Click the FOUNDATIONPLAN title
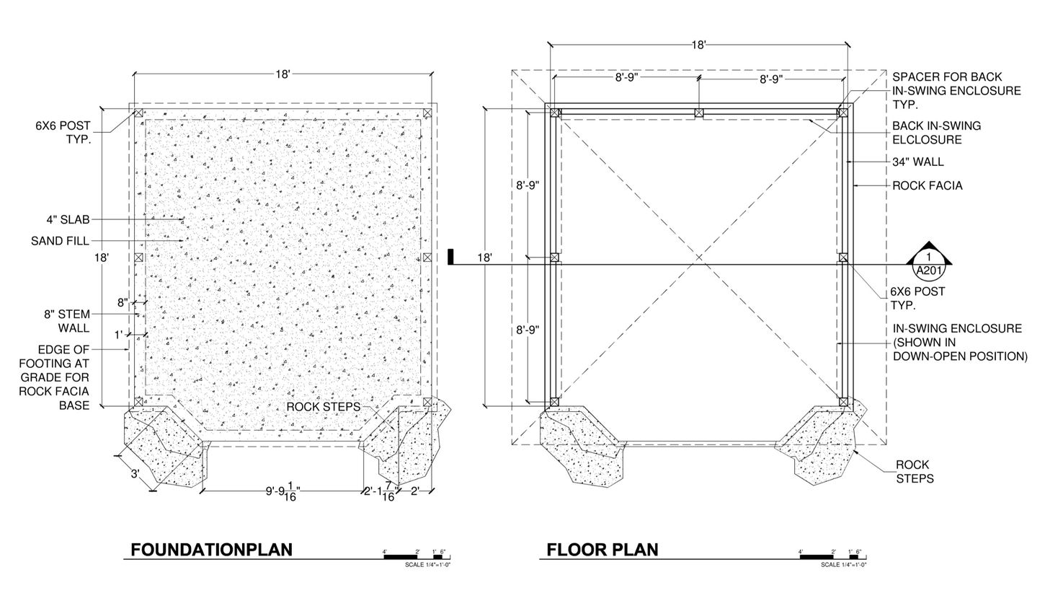(x=211, y=550)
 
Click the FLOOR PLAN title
(x=602, y=550)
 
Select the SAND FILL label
(x=60, y=241)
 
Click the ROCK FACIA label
(x=927, y=185)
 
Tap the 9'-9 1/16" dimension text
(x=283, y=493)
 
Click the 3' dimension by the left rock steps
(x=134, y=474)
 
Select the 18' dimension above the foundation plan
(x=283, y=74)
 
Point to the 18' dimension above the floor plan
(x=698, y=45)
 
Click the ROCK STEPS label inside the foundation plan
(x=323, y=407)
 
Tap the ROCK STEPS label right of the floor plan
(x=914, y=472)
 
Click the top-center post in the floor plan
(x=698, y=113)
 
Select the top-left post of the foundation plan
(x=138, y=113)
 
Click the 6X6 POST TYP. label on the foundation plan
(x=63, y=133)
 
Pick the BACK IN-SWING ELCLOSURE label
(x=936, y=133)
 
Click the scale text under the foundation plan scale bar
(x=427, y=565)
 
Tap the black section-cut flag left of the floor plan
(x=450, y=256)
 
